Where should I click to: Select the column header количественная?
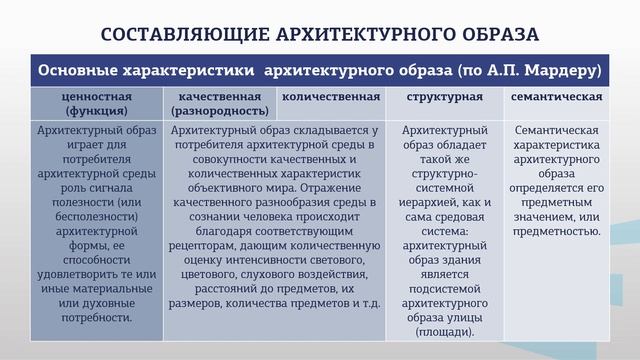(331, 97)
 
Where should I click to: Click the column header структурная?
(446, 97)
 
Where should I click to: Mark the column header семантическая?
(556, 97)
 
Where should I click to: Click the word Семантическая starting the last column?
(555, 130)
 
